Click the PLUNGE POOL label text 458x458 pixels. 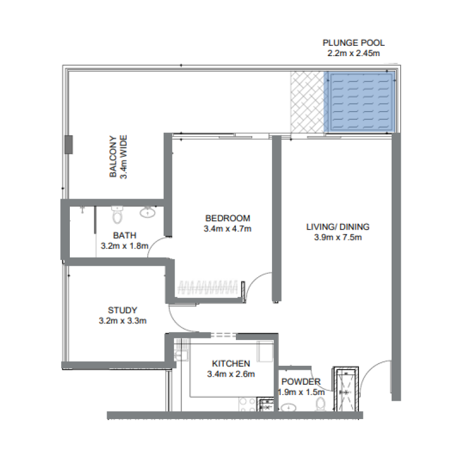353,43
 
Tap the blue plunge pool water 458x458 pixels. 359,101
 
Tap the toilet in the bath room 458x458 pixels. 117,215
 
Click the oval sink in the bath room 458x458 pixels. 148,213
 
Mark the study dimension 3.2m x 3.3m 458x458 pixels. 123,321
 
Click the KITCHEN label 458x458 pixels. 231,364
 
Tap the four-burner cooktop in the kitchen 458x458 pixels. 247,404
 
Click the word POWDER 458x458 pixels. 301,382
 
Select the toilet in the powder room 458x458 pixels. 321,404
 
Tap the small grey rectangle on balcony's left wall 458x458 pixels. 68,144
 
